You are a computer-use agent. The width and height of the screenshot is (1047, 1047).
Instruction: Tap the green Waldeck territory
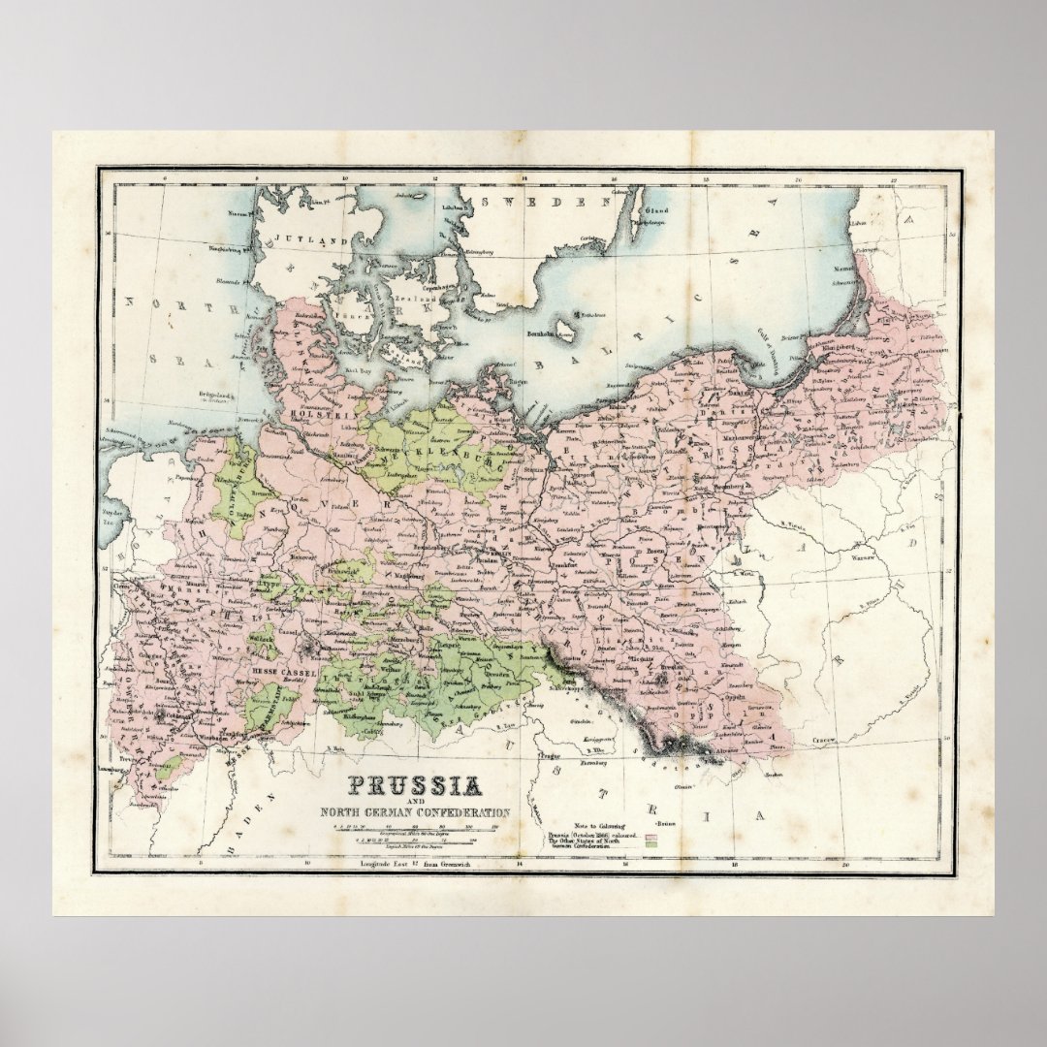259,640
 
